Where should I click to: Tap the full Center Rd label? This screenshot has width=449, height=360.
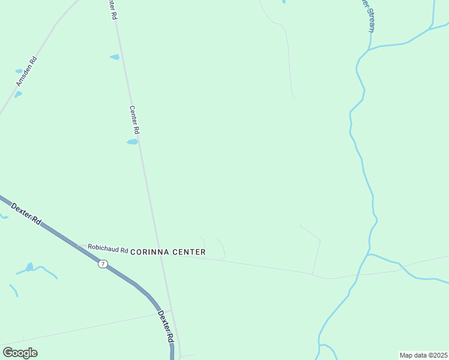[135, 120]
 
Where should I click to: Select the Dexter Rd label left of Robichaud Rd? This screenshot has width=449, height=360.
[26, 214]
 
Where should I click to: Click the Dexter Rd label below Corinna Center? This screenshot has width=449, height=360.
[165, 326]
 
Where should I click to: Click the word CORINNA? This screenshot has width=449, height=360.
[150, 253]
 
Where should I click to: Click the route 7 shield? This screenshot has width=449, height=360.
[103, 264]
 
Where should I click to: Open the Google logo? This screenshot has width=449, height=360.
[20, 353]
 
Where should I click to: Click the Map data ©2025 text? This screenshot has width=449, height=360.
[423, 355]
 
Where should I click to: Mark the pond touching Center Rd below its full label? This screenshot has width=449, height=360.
[132, 142]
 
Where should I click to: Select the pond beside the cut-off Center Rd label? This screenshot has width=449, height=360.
[115, 57]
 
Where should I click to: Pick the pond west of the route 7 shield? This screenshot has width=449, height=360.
[29, 267]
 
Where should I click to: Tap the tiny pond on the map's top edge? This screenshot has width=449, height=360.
[283, 2]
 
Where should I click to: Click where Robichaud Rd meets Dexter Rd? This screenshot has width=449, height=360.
[78, 246]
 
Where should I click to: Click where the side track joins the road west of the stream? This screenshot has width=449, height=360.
[313, 274]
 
